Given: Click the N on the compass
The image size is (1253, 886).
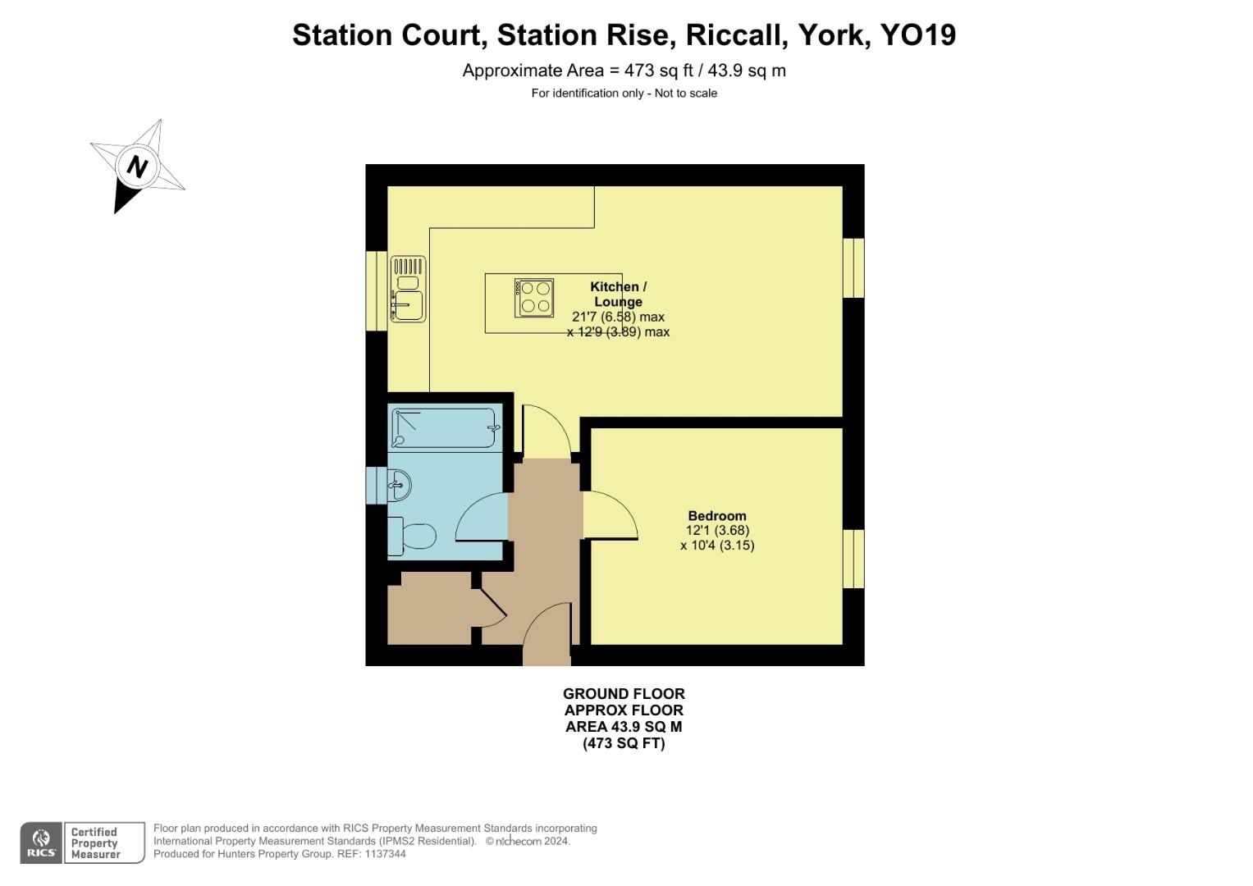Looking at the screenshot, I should tap(137, 167).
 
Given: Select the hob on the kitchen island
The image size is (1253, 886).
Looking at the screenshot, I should tap(534, 297).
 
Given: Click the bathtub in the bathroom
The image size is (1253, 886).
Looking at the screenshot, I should tap(444, 427).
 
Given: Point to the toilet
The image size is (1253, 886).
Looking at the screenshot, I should tap(413, 537).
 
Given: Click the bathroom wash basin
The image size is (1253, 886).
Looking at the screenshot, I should tap(398, 484).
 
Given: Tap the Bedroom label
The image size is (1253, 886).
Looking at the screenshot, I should tap(716, 516).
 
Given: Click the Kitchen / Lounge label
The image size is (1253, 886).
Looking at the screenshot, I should tap(618, 294).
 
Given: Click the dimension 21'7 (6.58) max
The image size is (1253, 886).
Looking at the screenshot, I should tap(618, 317).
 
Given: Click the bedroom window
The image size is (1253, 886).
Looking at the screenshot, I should tap(853, 559).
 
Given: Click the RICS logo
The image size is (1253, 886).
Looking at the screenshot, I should tap(41, 843).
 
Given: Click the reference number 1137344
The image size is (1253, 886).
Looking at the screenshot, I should tap(385, 854).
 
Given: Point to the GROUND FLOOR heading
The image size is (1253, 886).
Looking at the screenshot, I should tap(624, 694).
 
